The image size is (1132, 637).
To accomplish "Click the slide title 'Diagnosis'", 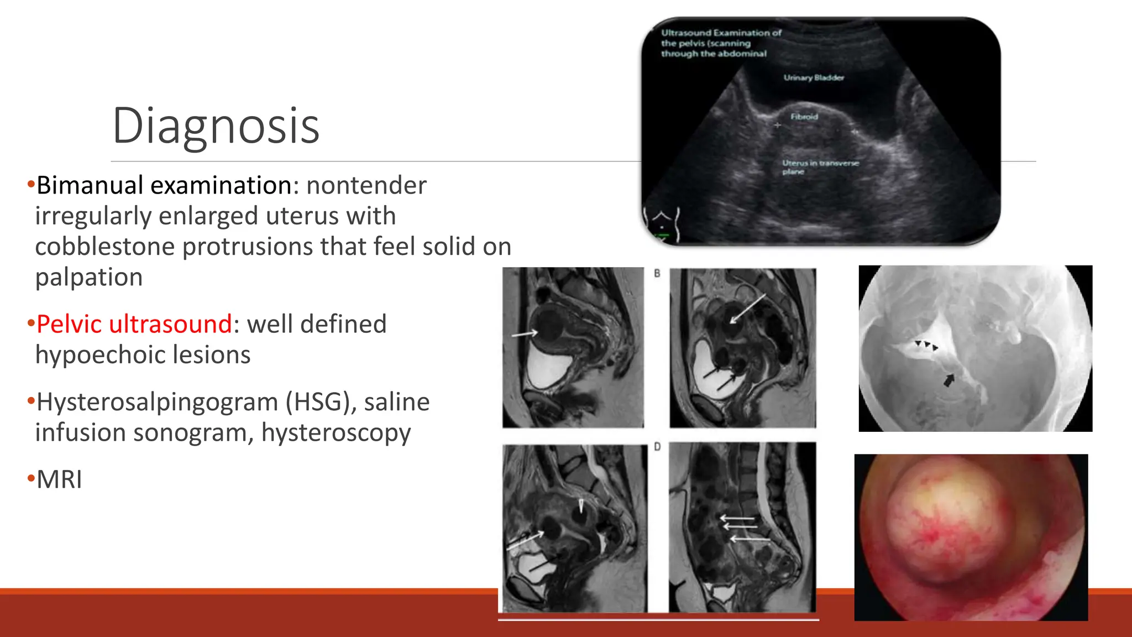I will pos(216,126).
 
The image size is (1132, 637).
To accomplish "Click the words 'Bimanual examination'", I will pos(164,185).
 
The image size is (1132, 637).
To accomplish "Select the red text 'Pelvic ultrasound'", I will pos(134,324).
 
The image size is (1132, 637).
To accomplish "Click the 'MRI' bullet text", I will pos(59,479).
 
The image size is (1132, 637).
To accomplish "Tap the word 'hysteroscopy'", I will pos(336,433).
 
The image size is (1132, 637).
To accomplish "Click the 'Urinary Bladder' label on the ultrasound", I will pos(813,78).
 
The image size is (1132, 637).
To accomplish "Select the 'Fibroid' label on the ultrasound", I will pos(804,117).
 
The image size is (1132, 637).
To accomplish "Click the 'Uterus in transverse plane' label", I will pos(820,167).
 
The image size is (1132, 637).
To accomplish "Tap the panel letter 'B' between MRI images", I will pos(657,273).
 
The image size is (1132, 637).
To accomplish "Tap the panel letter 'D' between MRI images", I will pos(657,446).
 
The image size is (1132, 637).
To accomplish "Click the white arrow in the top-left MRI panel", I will pos(524,333).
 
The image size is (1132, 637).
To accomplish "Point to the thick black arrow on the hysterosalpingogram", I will pos(948,380).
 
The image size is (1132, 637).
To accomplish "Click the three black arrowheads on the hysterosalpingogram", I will pos(926,346).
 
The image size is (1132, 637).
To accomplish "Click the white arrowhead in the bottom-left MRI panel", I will pos(581,505).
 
